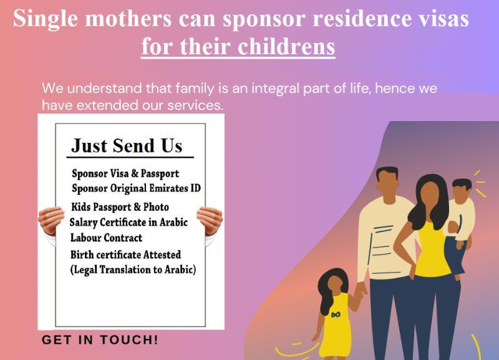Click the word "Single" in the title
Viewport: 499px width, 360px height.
[45, 19]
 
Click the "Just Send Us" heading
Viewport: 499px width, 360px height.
[127, 146]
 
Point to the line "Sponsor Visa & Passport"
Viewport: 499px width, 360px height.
[125, 174]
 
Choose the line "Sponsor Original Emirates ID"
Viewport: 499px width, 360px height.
[136, 188]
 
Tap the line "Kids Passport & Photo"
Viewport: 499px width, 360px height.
[120, 207]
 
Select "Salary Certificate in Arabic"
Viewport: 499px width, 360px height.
[128, 223]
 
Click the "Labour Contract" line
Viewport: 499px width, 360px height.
[106, 238]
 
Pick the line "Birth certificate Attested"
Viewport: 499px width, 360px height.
[126, 255]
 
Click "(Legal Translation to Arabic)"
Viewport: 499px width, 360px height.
[133, 270]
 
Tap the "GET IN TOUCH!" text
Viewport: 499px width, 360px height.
[100, 339]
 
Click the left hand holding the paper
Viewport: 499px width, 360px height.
[51, 220]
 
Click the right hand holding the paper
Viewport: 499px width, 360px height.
[210, 220]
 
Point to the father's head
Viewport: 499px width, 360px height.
[387, 182]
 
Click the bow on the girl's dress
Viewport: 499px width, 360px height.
[336, 315]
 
